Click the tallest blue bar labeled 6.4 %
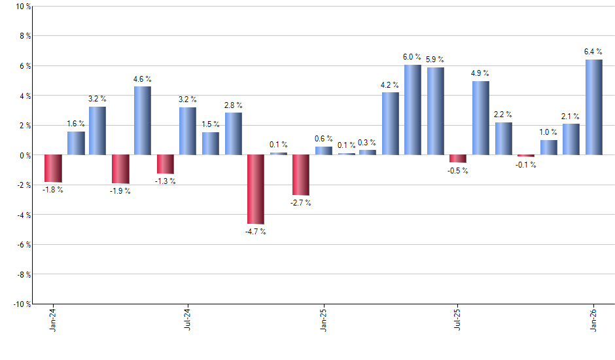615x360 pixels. pos(593,107)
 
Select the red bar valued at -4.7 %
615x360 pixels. pos(256,189)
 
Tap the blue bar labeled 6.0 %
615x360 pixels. pos(413,110)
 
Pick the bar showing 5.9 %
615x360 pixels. pos(436,111)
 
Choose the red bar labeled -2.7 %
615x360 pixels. pos(301,175)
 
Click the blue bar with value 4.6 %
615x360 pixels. pos(143,120)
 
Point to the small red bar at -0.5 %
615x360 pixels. pos(458,158)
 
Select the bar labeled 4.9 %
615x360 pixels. pos(480,118)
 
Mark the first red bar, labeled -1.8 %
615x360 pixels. pos(53,168)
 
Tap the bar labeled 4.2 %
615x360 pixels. pos(391,124)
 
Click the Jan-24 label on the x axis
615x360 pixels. pos(53,320)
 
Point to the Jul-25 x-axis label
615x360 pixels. pos(457,320)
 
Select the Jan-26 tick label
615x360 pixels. pos(593,320)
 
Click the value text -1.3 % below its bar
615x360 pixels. pos(165,181)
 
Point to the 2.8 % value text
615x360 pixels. pos(234,105)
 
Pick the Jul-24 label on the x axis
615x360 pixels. pos(188,320)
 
